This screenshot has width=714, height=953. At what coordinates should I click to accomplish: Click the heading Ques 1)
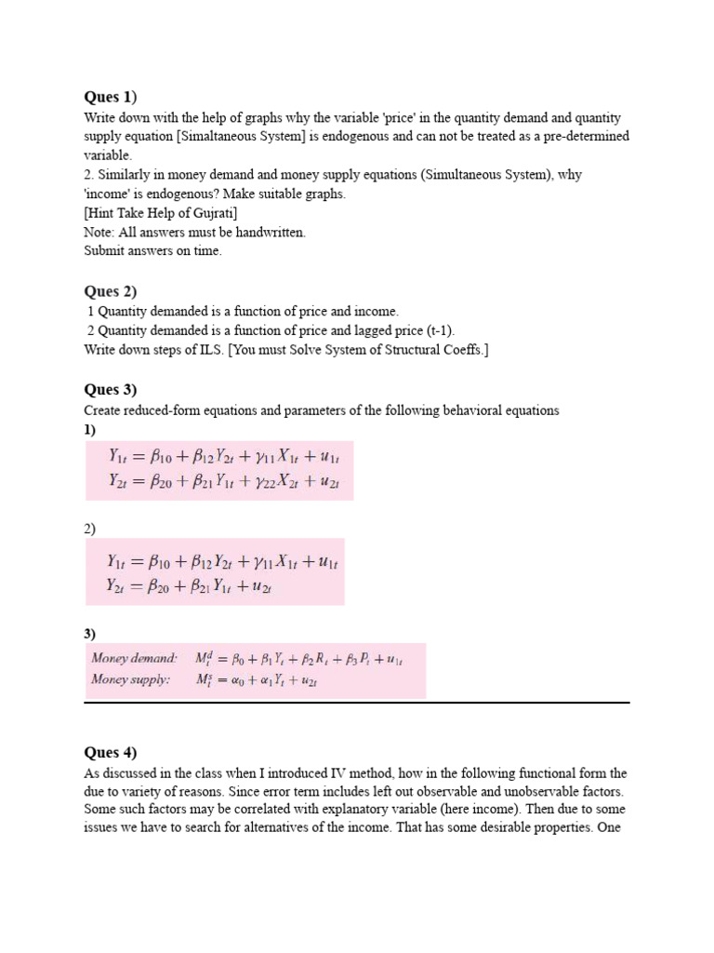click(x=110, y=97)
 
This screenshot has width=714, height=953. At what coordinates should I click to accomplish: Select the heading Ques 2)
click(x=110, y=291)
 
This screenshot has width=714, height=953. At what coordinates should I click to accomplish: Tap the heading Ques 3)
click(x=110, y=389)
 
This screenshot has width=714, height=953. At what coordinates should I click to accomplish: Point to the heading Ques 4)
click(x=110, y=752)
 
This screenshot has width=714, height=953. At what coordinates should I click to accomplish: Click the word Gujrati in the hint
click(x=214, y=213)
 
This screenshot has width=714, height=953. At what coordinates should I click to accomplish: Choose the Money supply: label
click(x=131, y=679)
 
